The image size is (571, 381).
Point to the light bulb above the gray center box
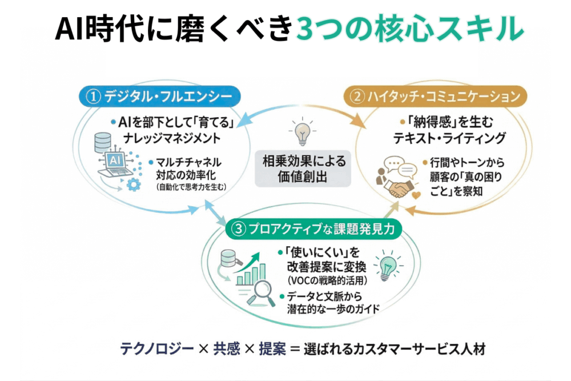click(x=301, y=132)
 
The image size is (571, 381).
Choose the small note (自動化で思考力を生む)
click(x=191, y=187)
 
